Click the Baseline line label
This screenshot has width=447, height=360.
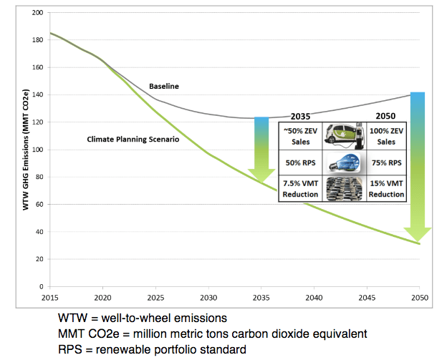(163, 86)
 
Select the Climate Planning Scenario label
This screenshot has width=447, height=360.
(133, 140)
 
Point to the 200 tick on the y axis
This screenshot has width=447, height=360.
(37, 13)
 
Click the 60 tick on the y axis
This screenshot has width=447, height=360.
(39, 205)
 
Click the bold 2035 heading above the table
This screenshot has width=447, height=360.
(301, 117)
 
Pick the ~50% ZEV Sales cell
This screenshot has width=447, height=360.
(299, 137)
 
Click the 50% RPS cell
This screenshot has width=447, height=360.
(299, 162)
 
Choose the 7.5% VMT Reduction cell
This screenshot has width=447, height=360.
(299, 188)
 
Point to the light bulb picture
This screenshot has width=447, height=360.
(344, 162)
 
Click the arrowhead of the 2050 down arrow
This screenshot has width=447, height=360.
(418, 235)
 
